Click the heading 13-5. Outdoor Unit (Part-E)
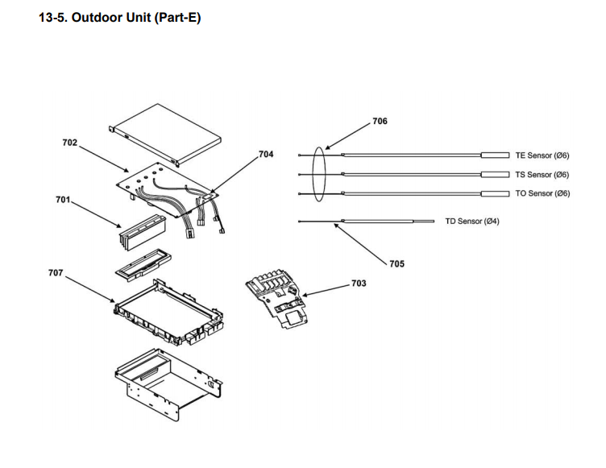pyautogui.click(x=119, y=19)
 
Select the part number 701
pyautogui.click(x=63, y=199)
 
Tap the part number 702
pyautogui.click(x=70, y=143)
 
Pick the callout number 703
pyautogui.click(x=359, y=284)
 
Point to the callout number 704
pyautogui.click(x=266, y=153)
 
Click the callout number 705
pyautogui.click(x=396, y=263)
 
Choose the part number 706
pyautogui.click(x=380, y=121)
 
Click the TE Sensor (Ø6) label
pyautogui.click(x=542, y=155)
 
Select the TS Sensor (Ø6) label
pyautogui.click(x=542, y=175)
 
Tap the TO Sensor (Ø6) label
pyautogui.click(x=542, y=193)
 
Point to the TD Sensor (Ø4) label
pyautogui.click(x=472, y=221)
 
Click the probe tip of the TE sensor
pyautogui.click(x=494, y=155)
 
